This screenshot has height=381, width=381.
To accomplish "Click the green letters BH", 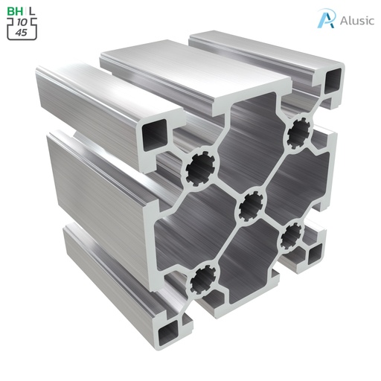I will click(x=14, y=11).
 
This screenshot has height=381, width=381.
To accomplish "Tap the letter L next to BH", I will click(x=31, y=11).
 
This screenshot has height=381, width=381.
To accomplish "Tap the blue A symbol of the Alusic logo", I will click(x=325, y=19).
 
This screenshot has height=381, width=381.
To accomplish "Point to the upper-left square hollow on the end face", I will click(x=159, y=136).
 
